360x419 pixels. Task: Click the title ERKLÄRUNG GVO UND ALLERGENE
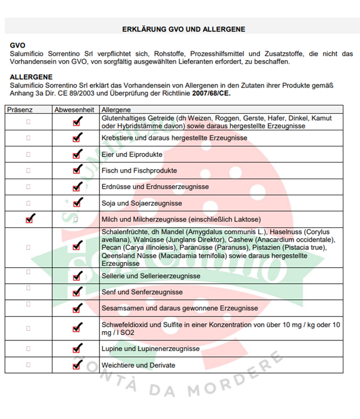tap(183, 29)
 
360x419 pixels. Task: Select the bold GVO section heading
tap(18, 45)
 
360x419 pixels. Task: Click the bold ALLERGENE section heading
tap(31, 77)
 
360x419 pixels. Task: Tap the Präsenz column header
tap(21, 110)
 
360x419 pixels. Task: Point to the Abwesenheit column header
tap(74, 110)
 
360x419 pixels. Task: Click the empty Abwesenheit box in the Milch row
tap(76, 220)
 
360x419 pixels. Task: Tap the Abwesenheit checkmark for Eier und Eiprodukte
tap(76, 154)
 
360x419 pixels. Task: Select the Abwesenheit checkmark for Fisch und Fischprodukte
tap(76, 170)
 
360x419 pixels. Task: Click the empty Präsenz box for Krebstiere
tap(28, 138)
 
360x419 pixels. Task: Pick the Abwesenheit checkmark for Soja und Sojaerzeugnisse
tap(76, 202)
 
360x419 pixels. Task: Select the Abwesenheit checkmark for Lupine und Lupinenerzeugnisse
tap(76, 348)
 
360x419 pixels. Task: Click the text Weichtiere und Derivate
tap(139, 365)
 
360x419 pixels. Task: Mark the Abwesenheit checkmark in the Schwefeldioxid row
tap(76, 328)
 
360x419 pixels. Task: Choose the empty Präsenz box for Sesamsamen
tap(28, 305)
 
